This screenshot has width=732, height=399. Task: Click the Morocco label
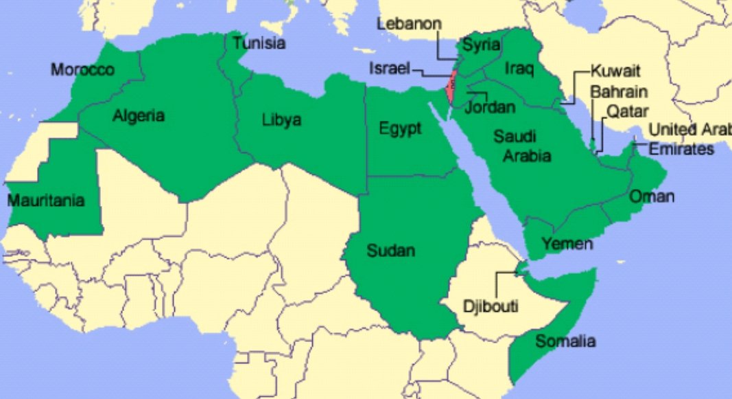(x=83, y=70)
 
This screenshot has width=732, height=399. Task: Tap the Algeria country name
(x=139, y=115)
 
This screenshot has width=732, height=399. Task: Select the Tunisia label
(x=259, y=44)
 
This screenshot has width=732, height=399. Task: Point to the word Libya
(x=281, y=120)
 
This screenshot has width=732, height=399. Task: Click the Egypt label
(x=400, y=128)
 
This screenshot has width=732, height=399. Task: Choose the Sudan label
(x=391, y=251)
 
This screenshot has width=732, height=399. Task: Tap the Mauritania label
(x=46, y=201)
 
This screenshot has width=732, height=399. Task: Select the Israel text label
(x=389, y=69)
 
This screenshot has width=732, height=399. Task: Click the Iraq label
(x=519, y=69)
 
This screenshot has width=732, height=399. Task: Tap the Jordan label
(x=490, y=108)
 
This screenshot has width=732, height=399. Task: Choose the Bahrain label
(x=619, y=92)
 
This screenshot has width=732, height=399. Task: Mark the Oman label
(x=652, y=197)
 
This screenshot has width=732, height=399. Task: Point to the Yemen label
(x=567, y=244)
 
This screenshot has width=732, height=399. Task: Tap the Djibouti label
(x=490, y=306)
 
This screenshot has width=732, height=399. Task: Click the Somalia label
(x=566, y=341)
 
